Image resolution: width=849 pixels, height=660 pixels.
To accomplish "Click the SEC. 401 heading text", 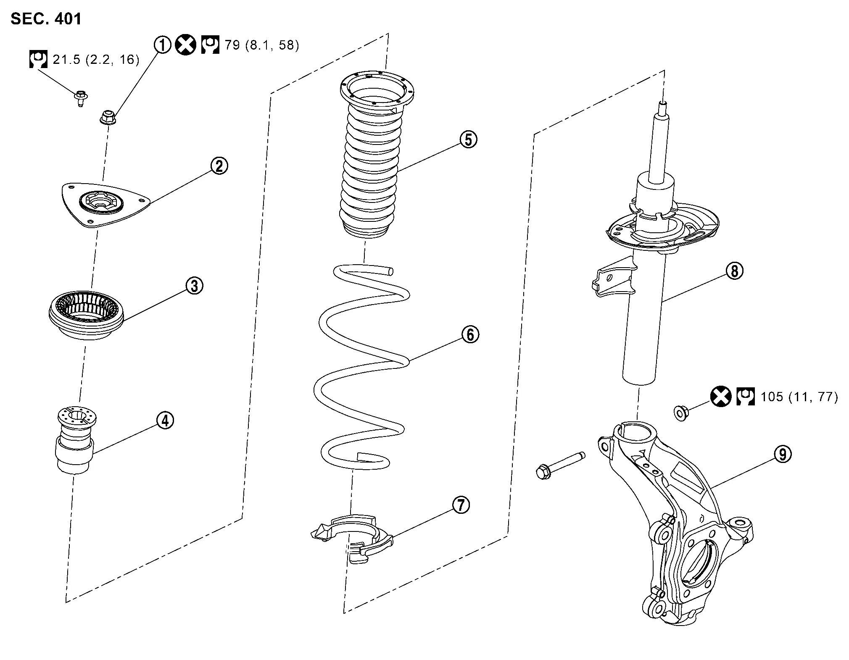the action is point(46,18).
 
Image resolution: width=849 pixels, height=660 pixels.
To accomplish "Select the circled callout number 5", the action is point(469,139).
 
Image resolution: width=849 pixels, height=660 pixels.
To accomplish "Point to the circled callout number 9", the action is point(783,454).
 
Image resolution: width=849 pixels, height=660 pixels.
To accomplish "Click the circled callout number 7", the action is point(461,505).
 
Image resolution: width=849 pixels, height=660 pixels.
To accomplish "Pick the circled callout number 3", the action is point(195,286).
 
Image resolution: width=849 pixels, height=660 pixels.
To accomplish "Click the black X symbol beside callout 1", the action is point(185,45).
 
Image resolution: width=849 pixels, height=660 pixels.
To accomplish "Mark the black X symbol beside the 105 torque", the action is point(721,397).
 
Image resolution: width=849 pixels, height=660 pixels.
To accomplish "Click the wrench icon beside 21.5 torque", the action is point(39,59).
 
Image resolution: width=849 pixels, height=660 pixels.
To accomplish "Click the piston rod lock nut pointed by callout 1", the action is point(108,117).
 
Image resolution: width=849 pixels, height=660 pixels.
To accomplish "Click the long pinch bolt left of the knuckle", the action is point(561,465).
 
